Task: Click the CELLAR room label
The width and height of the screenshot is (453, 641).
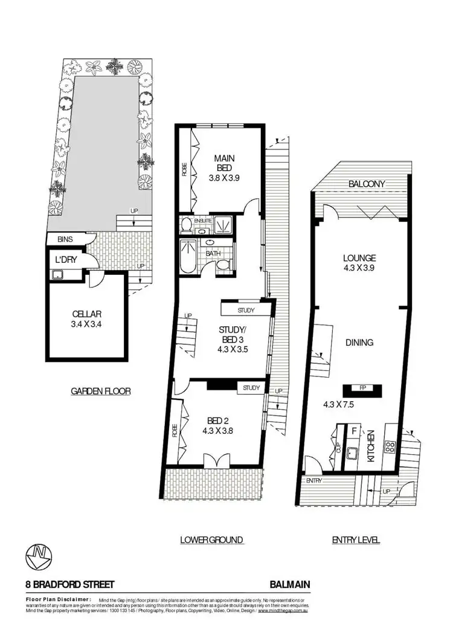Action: (x=85, y=314)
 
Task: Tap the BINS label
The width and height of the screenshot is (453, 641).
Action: (x=65, y=239)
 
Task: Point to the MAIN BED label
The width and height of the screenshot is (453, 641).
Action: (x=224, y=163)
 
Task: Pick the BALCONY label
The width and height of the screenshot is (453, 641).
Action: (x=367, y=184)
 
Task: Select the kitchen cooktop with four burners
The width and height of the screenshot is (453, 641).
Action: (x=390, y=448)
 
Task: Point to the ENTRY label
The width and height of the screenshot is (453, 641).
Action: (x=315, y=480)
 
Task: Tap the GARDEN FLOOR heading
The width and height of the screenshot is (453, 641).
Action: (x=101, y=391)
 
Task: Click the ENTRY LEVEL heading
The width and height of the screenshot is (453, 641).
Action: (x=356, y=540)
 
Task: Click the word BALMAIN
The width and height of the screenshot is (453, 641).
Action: (x=290, y=585)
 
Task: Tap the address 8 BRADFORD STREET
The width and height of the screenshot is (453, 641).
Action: (x=70, y=585)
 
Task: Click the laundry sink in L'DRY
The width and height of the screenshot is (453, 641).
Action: (x=59, y=275)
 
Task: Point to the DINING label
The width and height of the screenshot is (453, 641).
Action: (x=359, y=343)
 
